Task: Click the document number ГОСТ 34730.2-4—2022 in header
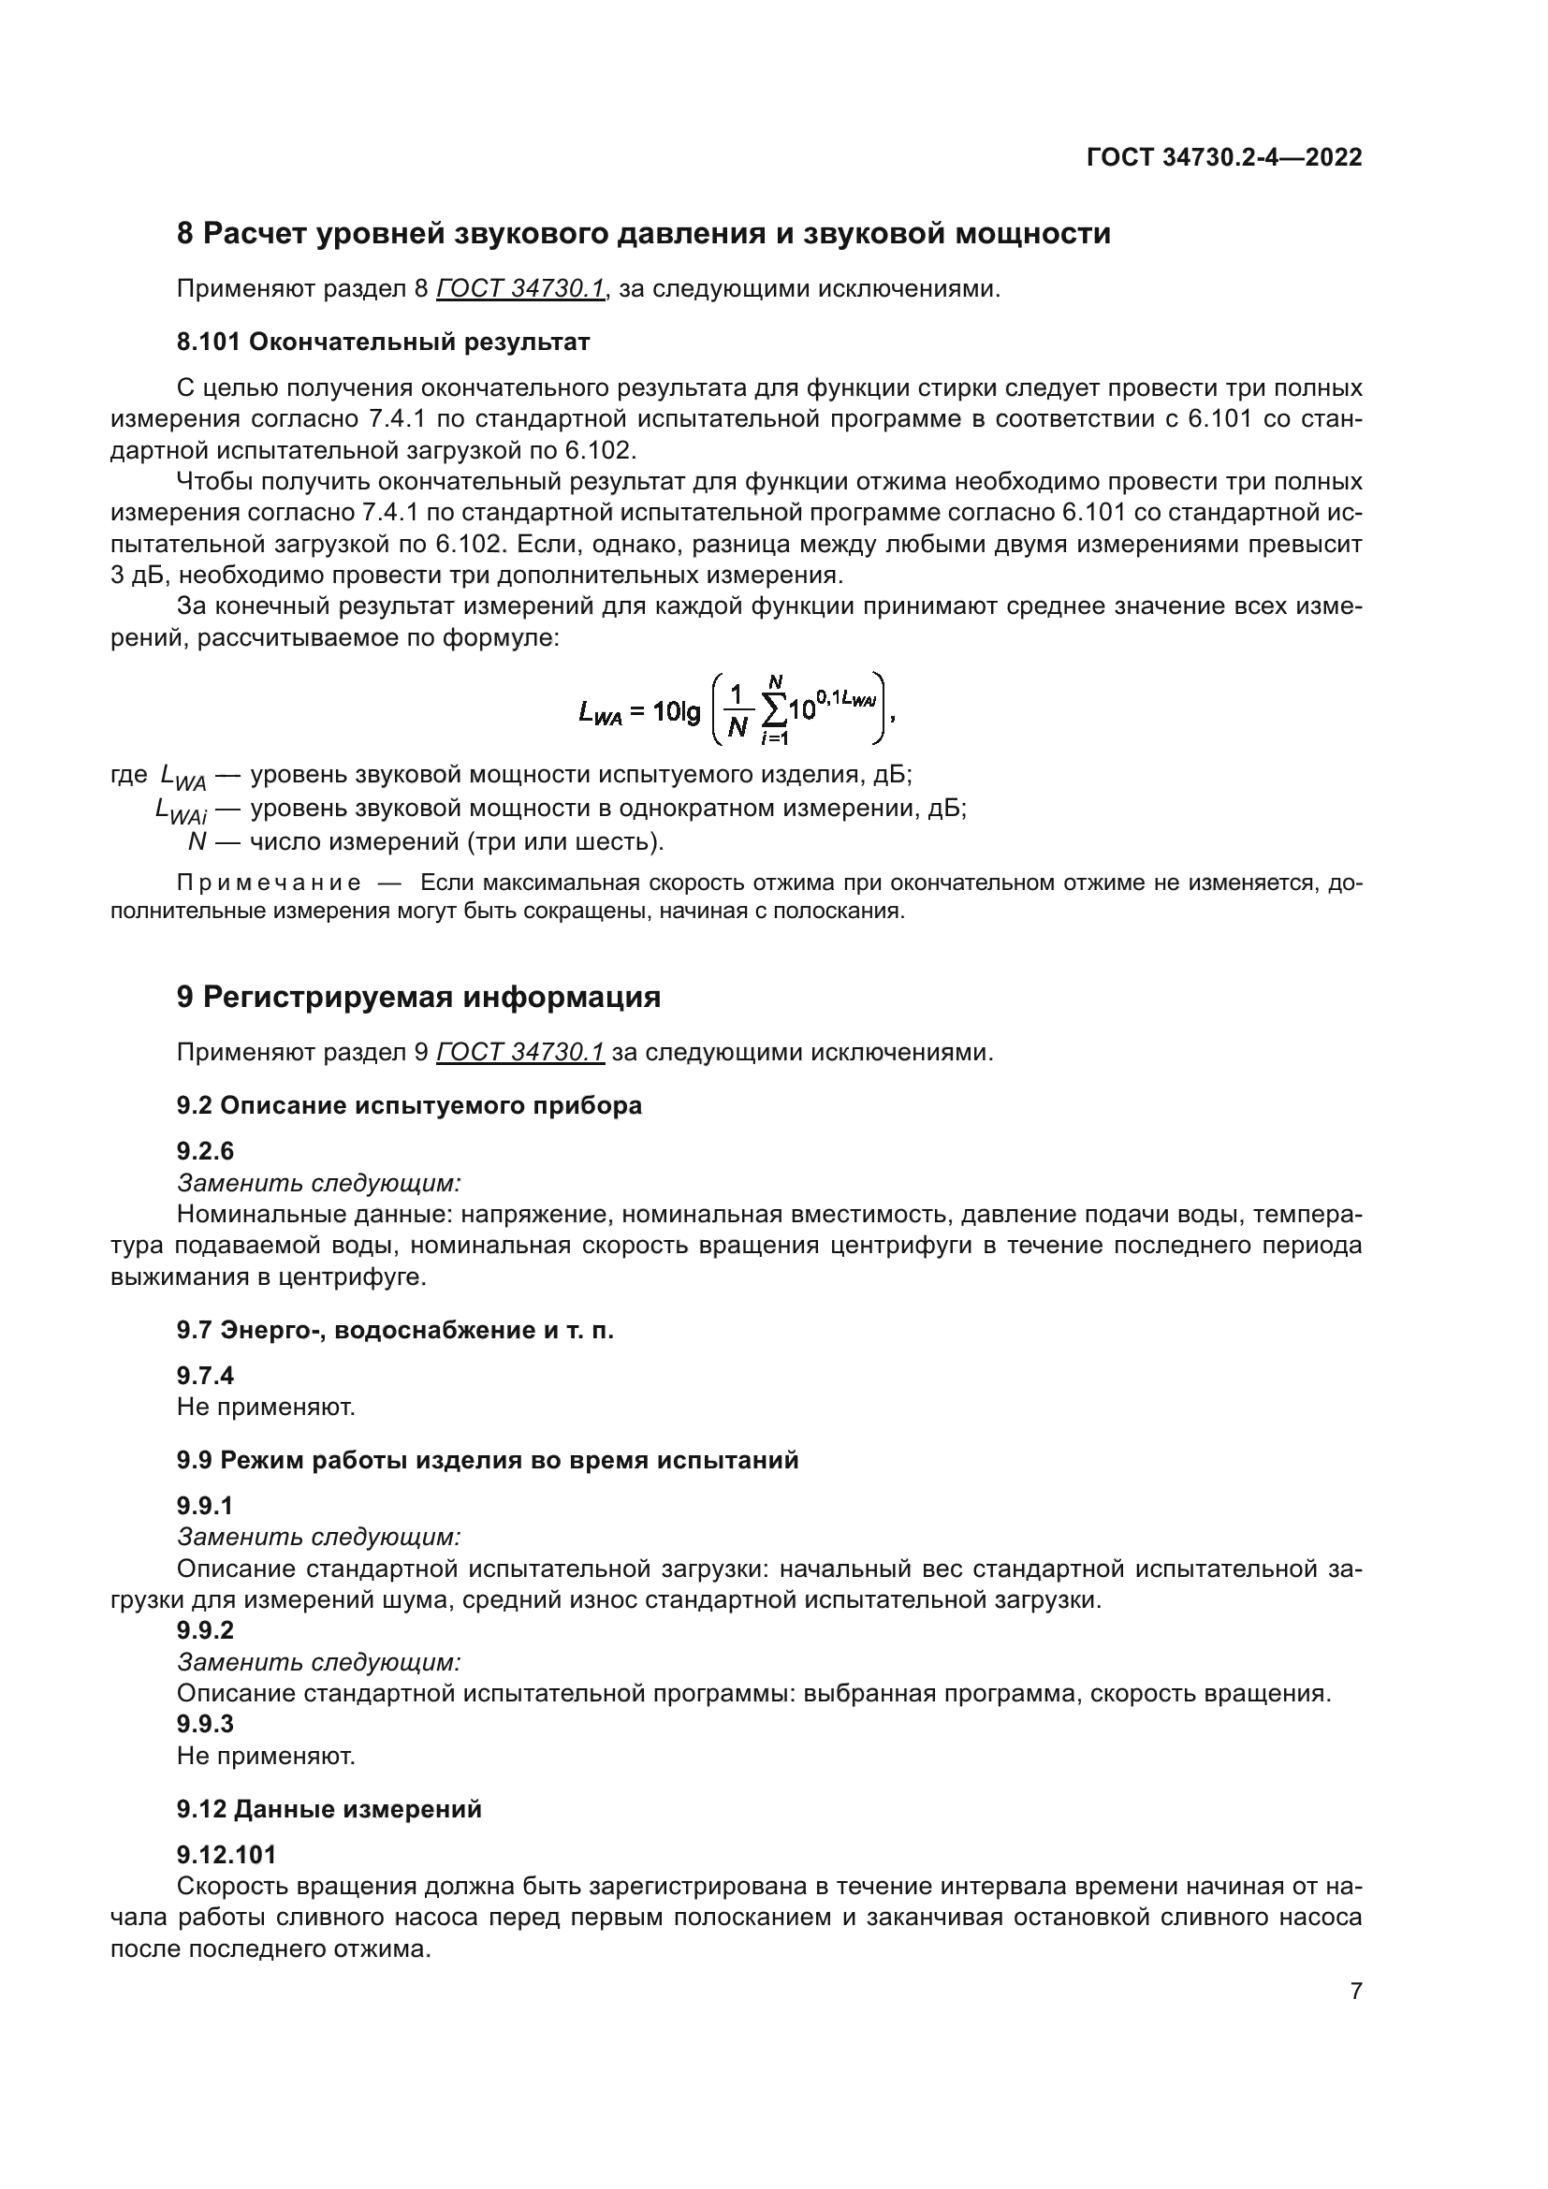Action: pos(1223,157)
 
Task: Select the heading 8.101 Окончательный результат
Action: pos(383,343)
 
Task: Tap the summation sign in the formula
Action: pos(774,710)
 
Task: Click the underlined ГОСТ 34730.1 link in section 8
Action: pos(520,289)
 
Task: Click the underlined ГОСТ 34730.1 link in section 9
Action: pos(520,1053)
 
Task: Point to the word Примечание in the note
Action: pos(269,883)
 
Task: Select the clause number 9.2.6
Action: pos(205,1152)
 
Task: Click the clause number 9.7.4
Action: pos(205,1376)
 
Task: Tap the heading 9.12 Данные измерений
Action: pos(329,1810)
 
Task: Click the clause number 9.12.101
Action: pos(226,1855)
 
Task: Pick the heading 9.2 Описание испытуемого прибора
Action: pos(409,1106)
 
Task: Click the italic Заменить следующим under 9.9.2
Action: pos(319,1663)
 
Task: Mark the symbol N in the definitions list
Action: pos(197,842)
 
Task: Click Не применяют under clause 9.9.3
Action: pos(266,1756)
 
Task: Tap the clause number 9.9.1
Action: pos(205,1507)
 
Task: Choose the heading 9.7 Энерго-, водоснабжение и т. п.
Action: pos(395,1330)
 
